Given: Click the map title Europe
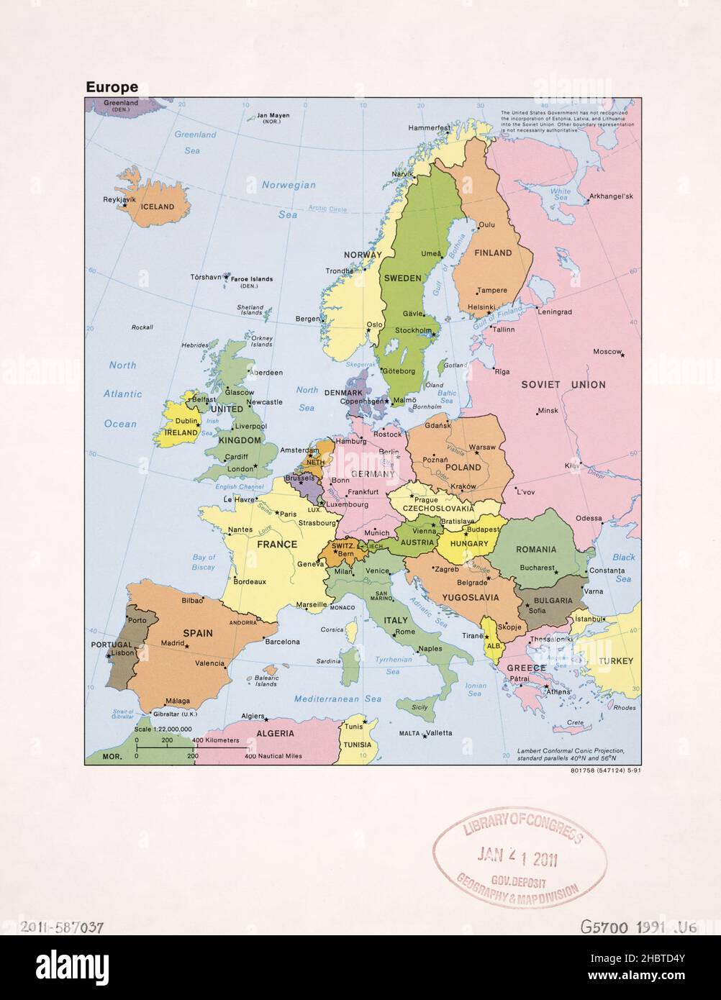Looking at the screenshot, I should [112, 87].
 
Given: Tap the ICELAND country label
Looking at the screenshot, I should [157, 206].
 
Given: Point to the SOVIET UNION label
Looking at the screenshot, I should [563, 384].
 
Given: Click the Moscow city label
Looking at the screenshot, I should [606, 351].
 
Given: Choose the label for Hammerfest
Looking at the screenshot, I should [429, 128].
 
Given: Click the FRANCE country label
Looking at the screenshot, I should [277, 544].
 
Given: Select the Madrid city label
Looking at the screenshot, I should [172, 643].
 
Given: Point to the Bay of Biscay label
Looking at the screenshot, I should [204, 562].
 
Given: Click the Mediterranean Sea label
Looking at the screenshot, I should [337, 699].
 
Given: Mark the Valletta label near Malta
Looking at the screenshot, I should [439, 733].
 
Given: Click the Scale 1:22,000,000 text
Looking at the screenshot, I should [163, 729].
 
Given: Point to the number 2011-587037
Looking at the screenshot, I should [63, 927].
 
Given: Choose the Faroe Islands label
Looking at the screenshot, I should [252, 279].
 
